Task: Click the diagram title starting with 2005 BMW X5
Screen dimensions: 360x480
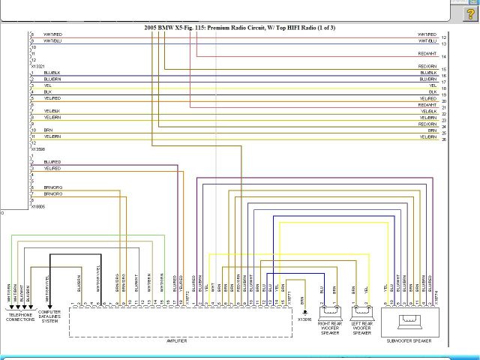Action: pyautogui.click(x=240, y=28)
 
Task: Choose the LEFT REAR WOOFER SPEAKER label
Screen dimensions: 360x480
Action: pyautogui.click(x=361, y=327)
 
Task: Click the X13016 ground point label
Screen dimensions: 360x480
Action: pyautogui.click(x=304, y=319)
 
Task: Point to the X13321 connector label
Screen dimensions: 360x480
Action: pyautogui.click(x=37, y=66)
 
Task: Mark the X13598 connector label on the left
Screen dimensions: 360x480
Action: pyautogui.click(x=37, y=149)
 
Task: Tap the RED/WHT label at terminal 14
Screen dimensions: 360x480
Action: pyautogui.click(x=427, y=54)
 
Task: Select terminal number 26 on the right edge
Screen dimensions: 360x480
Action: pyautogui.click(x=444, y=139)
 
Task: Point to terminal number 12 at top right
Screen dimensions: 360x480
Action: pyautogui.click(x=444, y=37)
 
